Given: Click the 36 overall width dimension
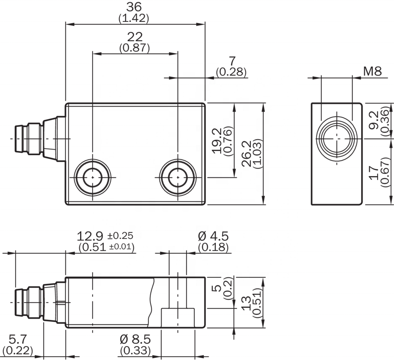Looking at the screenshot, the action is pyautogui.click(x=135, y=7).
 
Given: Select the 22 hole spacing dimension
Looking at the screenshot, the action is pyautogui.click(x=135, y=37).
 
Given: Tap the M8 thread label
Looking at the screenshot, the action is pyautogui.click(x=372, y=71).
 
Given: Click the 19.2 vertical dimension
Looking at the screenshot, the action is pyautogui.click(x=217, y=140).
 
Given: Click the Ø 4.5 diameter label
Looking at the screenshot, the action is pyautogui.click(x=213, y=236).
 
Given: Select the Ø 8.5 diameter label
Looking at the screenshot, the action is pyautogui.click(x=135, y=338).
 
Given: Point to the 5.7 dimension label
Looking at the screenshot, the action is pyautogui.click(x=18, y=338).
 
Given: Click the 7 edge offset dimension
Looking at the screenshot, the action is pyautogui.click(x=231, y=61).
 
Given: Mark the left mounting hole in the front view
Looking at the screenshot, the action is pyautogui.click(x=93, y=177).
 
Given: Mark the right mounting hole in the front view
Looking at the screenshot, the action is pyautogui.click(x=178, y=177).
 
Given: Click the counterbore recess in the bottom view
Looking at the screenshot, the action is pyautogui.click(x=178, y=317).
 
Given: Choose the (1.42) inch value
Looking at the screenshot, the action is pyautogui.click(x=135, y=18).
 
